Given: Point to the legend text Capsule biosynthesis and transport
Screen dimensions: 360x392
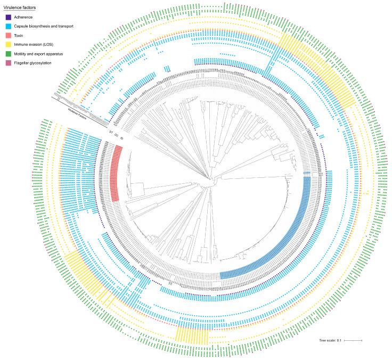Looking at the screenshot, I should [x=43, y=26].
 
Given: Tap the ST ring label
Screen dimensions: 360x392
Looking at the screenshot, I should [x=110, y=132].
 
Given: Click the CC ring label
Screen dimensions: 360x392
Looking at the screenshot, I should [x=116, y=135].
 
